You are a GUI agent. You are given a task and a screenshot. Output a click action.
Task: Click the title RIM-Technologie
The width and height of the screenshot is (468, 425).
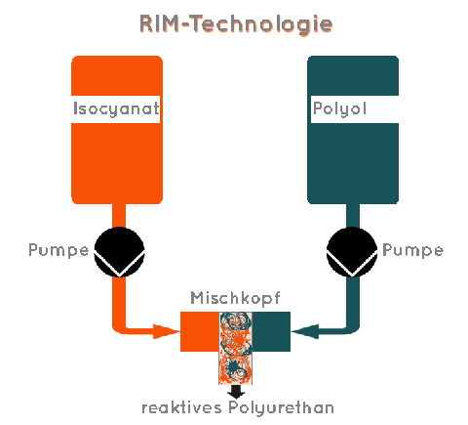pyautogui.click(x=236, y=24)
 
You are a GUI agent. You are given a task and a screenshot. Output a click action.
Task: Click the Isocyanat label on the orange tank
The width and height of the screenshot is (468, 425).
pyautogui.click(x=116, y=108)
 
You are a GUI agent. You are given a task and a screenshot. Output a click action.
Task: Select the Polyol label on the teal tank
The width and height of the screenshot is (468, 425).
pyautogui.click(x=339, y=108)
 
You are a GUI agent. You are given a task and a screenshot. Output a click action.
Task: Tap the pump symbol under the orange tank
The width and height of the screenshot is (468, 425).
pyautogui.click(x=119, y=252)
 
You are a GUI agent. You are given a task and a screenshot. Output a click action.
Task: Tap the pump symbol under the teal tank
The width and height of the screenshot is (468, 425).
pyautogui.click(x=352, y=252)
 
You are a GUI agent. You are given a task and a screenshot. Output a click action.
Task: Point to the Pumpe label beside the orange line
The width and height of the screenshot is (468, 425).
pyautogui.click(x=58, y=251)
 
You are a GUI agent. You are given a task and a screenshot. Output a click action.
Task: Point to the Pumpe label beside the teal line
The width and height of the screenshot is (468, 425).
pyautogui.click(x=412, y=251)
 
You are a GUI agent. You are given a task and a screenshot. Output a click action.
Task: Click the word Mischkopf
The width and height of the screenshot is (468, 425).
pyautogui.click(x=235, y=298)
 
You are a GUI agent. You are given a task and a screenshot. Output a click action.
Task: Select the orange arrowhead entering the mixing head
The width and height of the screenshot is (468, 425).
pyautogui.click(x=167, y=331)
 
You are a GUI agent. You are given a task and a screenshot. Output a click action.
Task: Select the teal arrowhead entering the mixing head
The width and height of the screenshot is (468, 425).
pyautogui.click(x=305, y=331)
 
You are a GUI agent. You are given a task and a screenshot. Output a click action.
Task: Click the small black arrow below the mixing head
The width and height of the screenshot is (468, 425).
pyautogui.click(x=236, y=392)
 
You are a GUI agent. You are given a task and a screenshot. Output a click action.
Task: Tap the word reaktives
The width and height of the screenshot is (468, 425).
pyautogui.click(x=182, y=407)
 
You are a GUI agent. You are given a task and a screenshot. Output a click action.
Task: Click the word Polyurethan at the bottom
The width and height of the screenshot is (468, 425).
pyautogui.click(x=281, y=408)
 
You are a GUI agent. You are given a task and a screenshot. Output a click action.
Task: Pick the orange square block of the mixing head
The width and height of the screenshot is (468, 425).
pyautogui.click(x=200, y=331)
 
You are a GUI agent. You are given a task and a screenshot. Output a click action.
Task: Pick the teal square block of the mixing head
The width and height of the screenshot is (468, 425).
pyautogui.click(x=271, y=331)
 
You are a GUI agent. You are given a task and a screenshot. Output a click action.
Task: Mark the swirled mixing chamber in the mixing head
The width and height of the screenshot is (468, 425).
pyautogui.click(x=236, y=348)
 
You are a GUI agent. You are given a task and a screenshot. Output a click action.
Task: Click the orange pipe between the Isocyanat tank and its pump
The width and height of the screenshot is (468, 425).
pyautogui.click(x=119, y=216)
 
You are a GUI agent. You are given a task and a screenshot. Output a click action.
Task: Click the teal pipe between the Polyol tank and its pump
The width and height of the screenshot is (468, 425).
pyautogui.click(x=353, y=216)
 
